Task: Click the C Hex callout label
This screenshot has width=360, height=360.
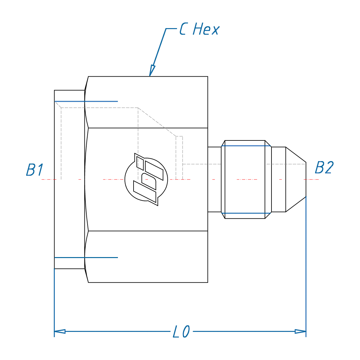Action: coord(199,29)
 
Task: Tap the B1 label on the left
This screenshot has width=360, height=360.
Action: coord(34,170)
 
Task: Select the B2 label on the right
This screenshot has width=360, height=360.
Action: coord(324,168)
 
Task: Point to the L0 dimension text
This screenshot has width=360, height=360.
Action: coord(181,332)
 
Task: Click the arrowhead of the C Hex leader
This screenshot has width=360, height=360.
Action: coord(152,70)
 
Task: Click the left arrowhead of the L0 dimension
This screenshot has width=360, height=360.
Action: coord(59,331)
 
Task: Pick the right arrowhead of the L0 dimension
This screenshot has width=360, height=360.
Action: coord(301,331)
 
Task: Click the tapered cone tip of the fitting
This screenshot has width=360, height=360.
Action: coord(296,179)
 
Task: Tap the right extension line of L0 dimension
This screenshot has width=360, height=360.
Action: coord(306,266)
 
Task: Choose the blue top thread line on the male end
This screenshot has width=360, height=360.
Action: coord(246,146)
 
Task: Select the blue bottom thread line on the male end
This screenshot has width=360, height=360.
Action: coord(246,213)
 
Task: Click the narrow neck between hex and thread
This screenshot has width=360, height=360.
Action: coord(214,179)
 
